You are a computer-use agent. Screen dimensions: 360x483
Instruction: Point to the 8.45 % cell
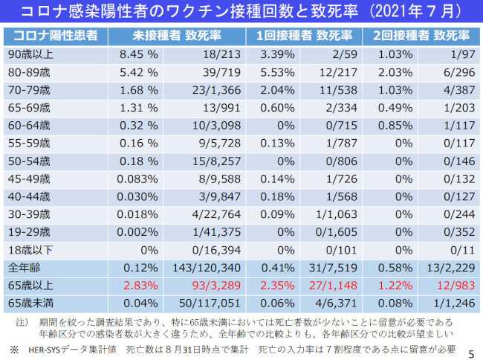click(138, 54)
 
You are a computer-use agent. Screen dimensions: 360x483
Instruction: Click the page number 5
click(471, 350)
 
